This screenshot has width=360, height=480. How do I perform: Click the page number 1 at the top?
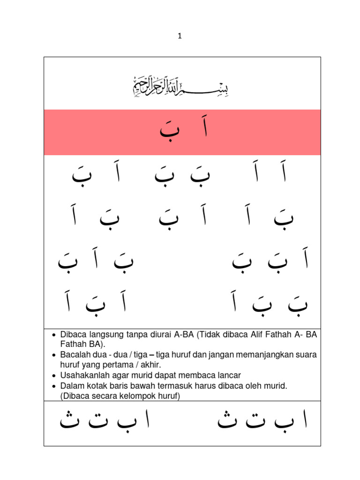(x=180, y=36)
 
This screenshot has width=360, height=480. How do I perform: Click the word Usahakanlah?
(x=83, y=375)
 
